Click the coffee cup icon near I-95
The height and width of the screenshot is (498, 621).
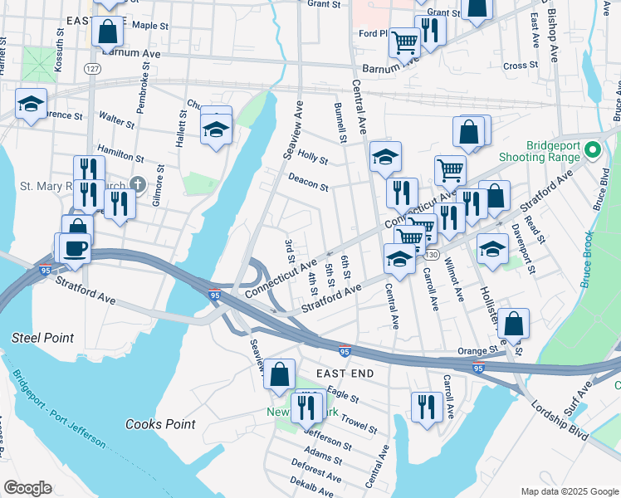click(75, 248)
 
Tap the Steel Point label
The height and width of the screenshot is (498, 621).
click(42, 338)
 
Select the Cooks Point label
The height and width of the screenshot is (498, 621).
click(160, 424)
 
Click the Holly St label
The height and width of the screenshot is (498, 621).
click(313, 155)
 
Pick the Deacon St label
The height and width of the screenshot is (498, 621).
click(309, 181)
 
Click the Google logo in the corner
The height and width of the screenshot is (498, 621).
click(27, 488)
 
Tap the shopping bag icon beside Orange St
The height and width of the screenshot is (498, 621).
click(514, 324)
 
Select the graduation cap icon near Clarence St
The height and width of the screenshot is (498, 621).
click(31, 104)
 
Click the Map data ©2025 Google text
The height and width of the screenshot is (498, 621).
click(569, 491)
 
